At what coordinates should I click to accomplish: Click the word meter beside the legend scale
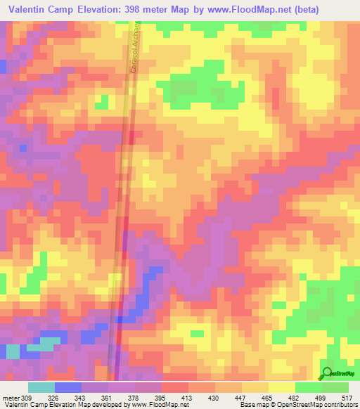[x=10, y=397]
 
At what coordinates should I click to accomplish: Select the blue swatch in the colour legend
[x=68, y=387]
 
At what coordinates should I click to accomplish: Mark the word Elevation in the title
[x=113, y=10]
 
